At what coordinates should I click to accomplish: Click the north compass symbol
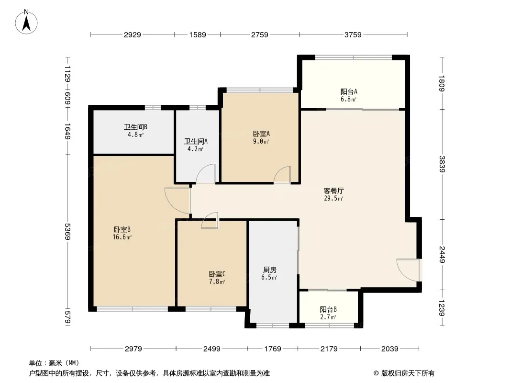click(x=27, y=21)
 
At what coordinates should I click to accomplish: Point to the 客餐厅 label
click(x=334, y=190)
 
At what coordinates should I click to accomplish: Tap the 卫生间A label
click(x=196, y=141)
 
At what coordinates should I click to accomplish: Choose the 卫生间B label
click(x=135, y=127)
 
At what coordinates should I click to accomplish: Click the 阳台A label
click(x=349, y=91)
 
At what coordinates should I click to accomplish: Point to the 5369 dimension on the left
click(x=68, y=232)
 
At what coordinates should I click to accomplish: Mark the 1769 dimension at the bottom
click(x=273, y=349)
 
